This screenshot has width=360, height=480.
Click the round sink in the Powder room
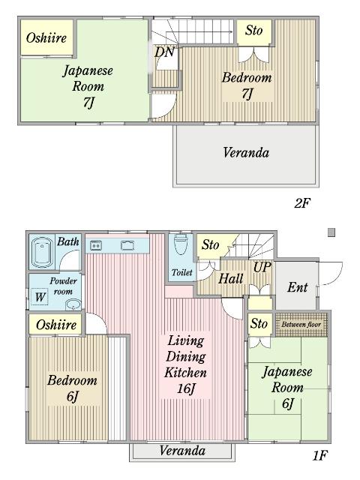(73, 304)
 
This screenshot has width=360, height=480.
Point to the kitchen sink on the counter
(127, 245)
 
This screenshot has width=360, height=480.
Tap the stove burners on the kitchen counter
(96, 245)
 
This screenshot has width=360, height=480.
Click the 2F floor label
(301, 202)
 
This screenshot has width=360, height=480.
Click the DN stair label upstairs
(164, 52)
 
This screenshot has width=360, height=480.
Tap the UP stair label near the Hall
(262, 268)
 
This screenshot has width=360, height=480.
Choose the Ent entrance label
(298, 287)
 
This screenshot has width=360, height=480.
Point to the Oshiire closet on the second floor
(46, 37)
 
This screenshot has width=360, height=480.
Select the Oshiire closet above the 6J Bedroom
(55, 324)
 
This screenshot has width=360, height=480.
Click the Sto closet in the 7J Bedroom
(253, 31)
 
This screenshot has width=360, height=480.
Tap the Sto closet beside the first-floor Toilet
(211, 245)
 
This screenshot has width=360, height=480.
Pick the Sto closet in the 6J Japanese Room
(259, 324)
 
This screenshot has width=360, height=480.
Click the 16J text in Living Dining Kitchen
(185, 388)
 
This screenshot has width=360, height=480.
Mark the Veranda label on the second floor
(245, 152)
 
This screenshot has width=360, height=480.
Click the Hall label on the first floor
(231, 278)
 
